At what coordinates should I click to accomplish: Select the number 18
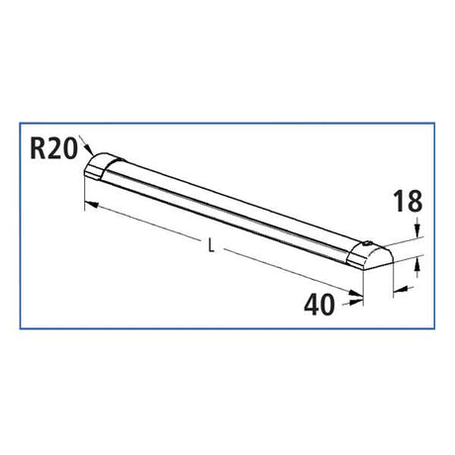click(x=409, y=204)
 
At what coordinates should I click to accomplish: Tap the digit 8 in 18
click(x=415, y=204)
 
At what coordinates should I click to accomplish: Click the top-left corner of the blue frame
click(x=22, y=123)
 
